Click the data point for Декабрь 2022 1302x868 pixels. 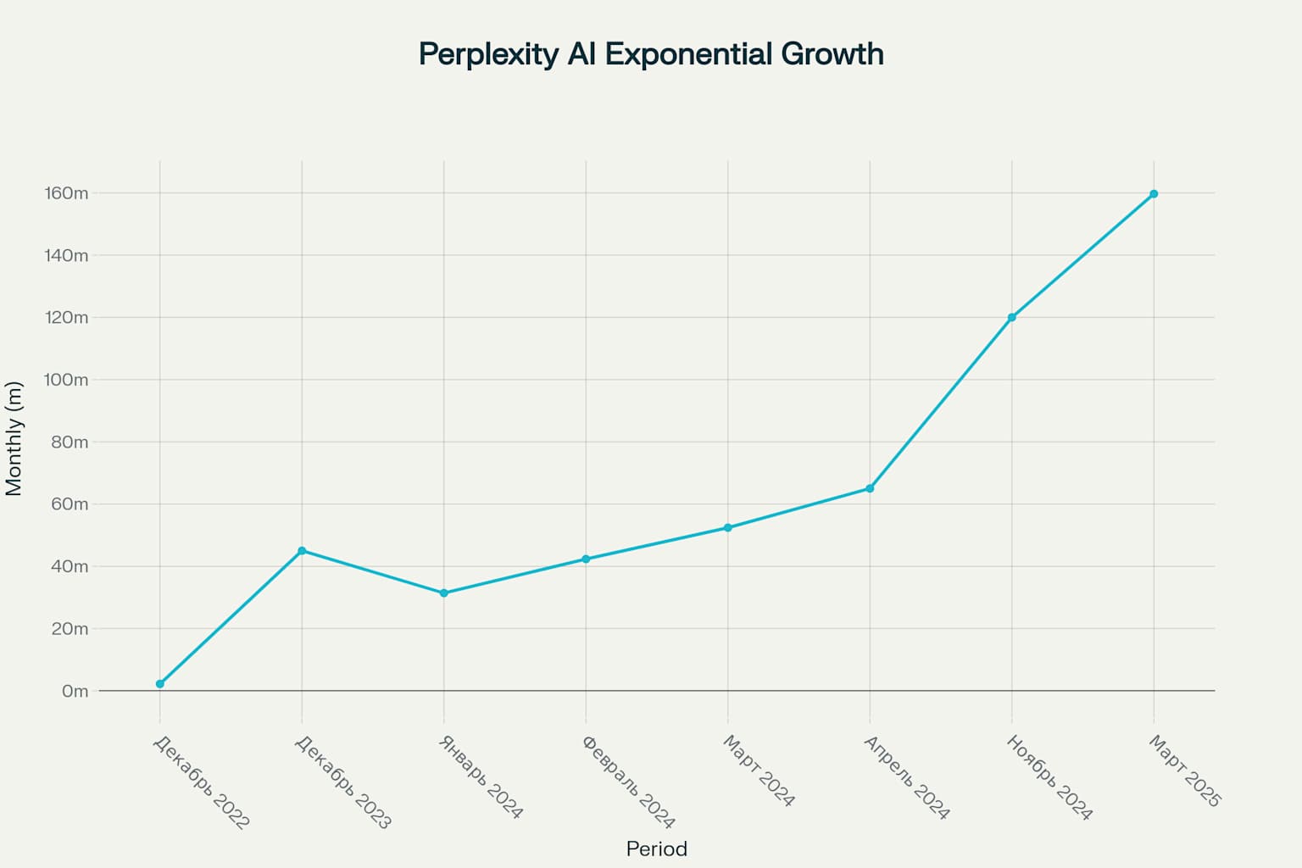click(160, 684)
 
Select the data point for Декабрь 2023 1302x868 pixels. click(302, 551)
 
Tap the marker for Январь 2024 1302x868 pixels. click(444, 593)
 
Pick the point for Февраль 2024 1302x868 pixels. click(586, 559)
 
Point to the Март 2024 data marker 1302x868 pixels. click(727, 528)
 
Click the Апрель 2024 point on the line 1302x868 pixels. click(870, 488)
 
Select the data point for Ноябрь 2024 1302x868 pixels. click(1011, 318)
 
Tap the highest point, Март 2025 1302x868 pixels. click(1154, 194)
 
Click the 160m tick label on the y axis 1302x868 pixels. click(66, 193)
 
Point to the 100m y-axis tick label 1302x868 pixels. click(66, 380)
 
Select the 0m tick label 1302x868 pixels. click(75, 691)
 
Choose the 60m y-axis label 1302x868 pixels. click(70, 504)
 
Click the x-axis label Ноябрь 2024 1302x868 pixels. click(1049, 777)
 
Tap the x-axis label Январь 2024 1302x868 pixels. click(481, 776)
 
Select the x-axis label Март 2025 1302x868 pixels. click(1184, 771)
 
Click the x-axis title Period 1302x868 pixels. click(656, 849)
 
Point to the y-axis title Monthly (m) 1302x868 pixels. click(14, 438)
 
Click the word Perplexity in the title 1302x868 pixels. click(488, 54)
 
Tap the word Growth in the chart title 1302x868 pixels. click(832, 54)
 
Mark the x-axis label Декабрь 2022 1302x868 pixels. click(201, 782)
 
